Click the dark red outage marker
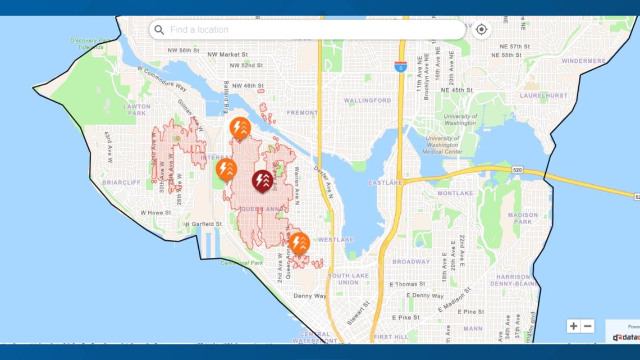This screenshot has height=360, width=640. (262, 180)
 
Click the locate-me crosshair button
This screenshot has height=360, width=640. (481, 29)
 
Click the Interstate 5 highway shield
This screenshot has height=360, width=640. (400, 66)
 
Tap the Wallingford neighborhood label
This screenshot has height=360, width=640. (367, 101)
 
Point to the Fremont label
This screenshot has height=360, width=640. (302, 113)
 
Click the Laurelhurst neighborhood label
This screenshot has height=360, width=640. (543, 95)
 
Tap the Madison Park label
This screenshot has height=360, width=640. (523, 218)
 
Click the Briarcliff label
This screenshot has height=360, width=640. (121, 183)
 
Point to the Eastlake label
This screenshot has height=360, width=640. (385, 183)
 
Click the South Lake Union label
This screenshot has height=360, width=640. (348, 279)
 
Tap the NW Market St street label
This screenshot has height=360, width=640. (227, 54)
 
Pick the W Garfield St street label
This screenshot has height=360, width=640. (204, 224)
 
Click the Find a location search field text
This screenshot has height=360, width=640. (199, 30)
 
